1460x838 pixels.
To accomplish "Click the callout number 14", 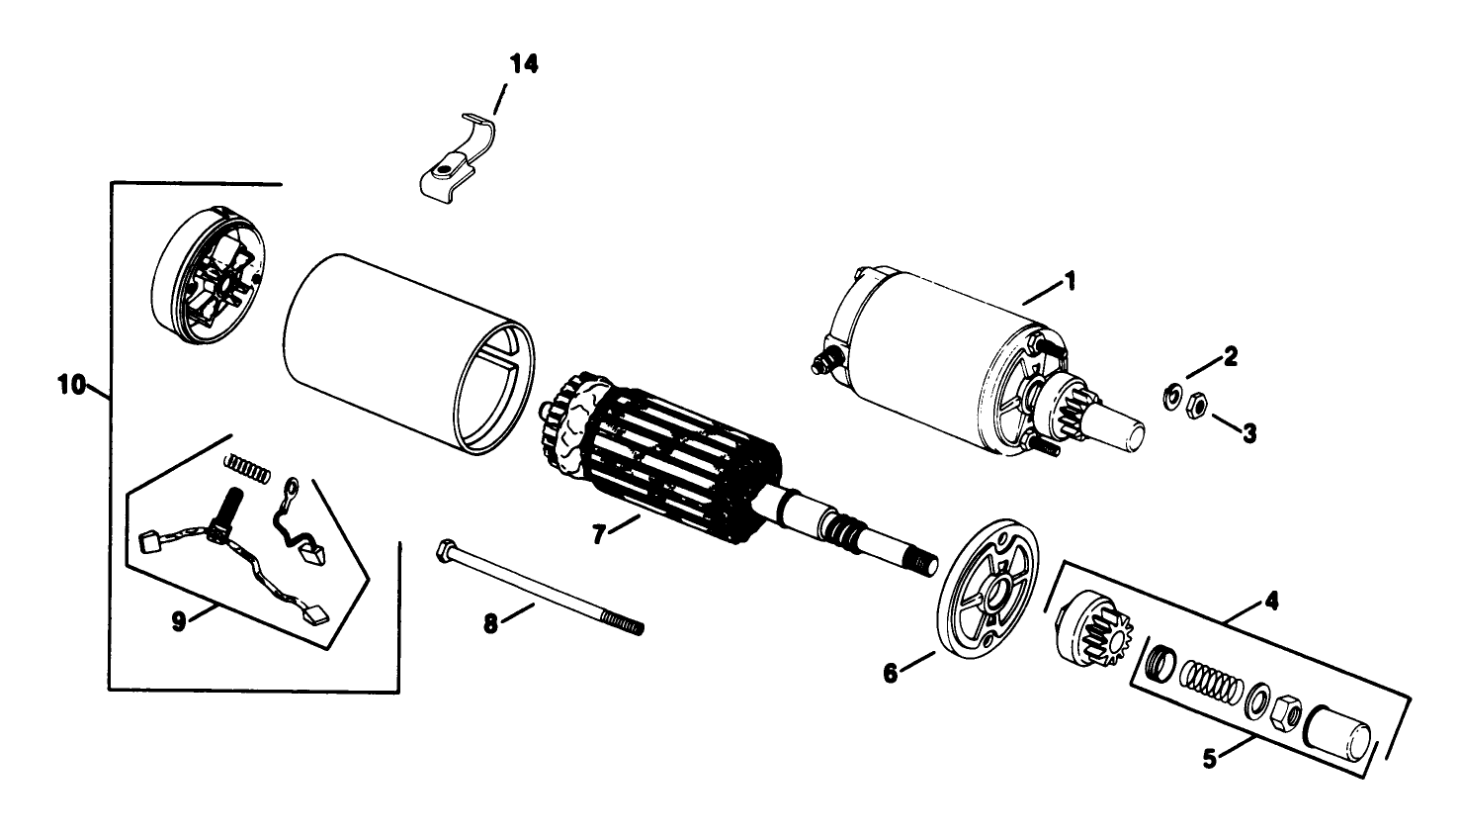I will tap(524, 63).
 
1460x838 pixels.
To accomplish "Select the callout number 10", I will tap(71, 385).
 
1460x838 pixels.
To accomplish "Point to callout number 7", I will tap(599, 534).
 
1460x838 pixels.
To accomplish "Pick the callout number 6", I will tap(891, 673).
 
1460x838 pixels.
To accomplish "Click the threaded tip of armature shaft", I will tap(925, 564).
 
